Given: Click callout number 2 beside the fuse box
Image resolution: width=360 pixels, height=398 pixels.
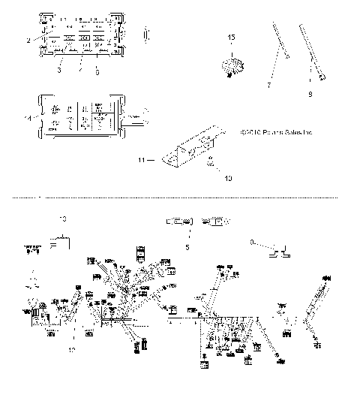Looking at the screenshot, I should [28, 38].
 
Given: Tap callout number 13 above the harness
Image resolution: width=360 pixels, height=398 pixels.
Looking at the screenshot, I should [62, 219].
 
